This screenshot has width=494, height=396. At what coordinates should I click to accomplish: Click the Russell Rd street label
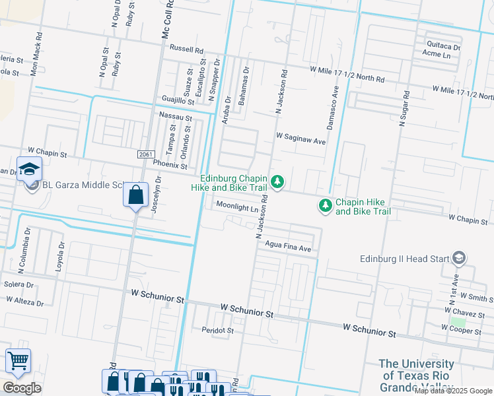[x=186, y=49]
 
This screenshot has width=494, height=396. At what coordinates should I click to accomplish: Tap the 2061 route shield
[x=147, y=154]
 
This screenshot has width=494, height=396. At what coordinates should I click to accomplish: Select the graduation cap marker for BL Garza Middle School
[x=29, y=169]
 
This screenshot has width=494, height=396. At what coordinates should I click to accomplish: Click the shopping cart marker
[x=18, y=361]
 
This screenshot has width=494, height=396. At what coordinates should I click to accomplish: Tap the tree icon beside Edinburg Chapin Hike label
[x=279, y=181]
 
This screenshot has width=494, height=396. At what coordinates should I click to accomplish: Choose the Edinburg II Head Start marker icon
[x=460, y=258]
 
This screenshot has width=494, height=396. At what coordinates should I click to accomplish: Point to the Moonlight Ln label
[x=236, y=209]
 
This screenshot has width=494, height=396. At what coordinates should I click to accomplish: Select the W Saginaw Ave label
[x=301, y=141]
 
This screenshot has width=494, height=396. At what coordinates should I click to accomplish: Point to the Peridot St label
[x=217, y=329]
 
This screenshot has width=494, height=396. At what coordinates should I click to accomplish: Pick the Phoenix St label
[x=170, y=167]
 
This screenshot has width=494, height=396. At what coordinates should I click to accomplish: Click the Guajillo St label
[x=178, y=100]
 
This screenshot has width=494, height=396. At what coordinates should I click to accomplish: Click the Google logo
[x=22, y=388]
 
